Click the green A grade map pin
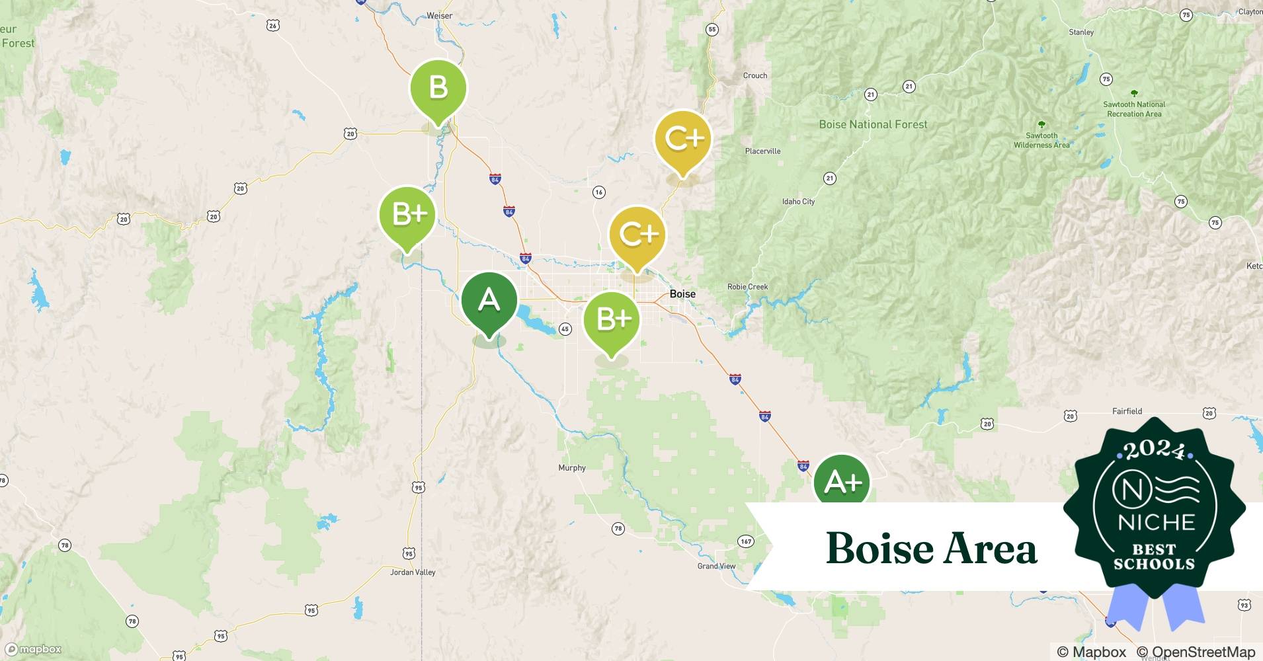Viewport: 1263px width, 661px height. (489, 301)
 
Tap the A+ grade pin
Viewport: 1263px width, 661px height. (842, 481)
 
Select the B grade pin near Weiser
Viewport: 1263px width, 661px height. (438, 88)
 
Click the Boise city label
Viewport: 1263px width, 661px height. (682, 293)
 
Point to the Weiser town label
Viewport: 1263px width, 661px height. (440, 16)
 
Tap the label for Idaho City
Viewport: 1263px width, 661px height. (798, 202)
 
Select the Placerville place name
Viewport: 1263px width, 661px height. (762, 151)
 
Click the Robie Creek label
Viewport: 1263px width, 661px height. (747, 287)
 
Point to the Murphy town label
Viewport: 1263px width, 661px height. (572, 468)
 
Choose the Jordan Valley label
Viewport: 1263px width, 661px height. (413, 572)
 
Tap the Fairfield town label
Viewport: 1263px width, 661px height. (1127, 411)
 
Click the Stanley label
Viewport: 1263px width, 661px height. (1081, 32)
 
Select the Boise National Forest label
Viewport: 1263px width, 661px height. (873, 124)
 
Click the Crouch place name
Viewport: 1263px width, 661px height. (755, 76)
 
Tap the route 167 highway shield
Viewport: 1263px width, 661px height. (746, 541)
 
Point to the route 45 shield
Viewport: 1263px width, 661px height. (565, 329)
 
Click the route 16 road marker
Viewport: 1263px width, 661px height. (598, 192)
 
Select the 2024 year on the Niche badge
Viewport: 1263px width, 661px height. (1154, 450)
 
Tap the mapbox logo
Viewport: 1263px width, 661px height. (34, 649)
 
